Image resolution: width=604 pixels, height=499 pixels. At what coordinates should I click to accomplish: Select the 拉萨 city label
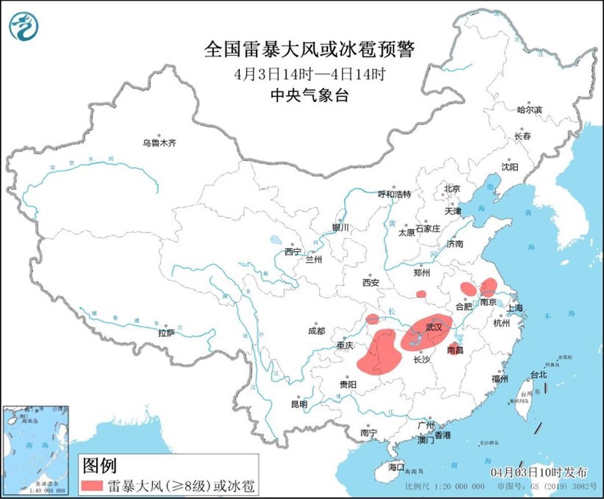coord(167,333)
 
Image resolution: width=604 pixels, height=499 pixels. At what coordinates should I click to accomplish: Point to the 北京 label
coord(452,189)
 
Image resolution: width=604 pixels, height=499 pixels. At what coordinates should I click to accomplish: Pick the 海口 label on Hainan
coord(396,467)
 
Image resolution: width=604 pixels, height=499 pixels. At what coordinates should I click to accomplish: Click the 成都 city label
coord(316,330)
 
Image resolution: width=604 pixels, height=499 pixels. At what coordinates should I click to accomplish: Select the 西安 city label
coord(370,283)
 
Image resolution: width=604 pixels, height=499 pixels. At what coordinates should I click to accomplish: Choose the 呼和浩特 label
coord(395,194)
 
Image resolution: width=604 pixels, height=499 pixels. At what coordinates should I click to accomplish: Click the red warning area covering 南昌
coord(455,349)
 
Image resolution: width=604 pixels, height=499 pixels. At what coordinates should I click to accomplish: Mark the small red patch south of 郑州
coord(421,294)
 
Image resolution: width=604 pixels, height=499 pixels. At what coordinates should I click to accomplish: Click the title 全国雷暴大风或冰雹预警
coord(309,50)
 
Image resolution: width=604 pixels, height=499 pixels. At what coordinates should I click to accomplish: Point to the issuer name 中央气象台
coord(309,96)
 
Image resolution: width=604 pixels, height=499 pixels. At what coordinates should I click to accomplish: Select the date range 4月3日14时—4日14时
coord(309,74)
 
